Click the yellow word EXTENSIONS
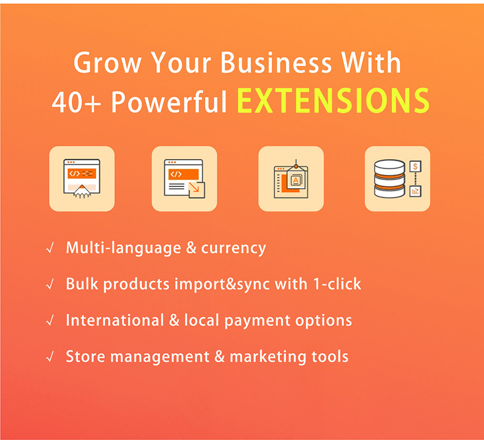pos(334,101)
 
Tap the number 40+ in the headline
pos(76,102)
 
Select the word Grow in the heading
pos(107,62)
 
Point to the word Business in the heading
pos(276,62)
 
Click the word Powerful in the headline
pos(169,101)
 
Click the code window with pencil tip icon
pos(82,179)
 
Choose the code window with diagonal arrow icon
pos(184,179)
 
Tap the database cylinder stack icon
pos(389,179)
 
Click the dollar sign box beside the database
pos(415,167)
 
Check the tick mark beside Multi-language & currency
pos(50,248)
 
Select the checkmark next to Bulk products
pos(50,284)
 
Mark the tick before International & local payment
pos(50,321)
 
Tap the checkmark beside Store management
pos(50,357)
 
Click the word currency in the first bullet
pos(233,249)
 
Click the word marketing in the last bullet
pos(268,358)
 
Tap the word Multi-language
pos(124,248)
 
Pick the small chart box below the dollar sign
pos(415,191)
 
